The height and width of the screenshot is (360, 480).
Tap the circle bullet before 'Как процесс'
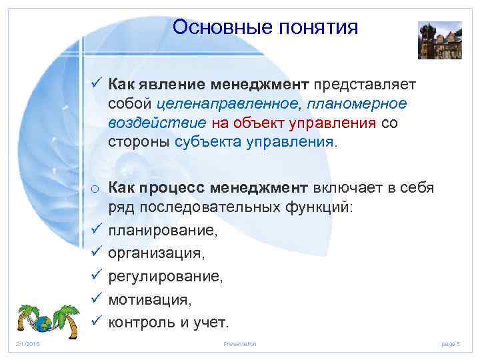[x=96, y=189]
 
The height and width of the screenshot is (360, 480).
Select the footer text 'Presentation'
[x=240, y=343]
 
